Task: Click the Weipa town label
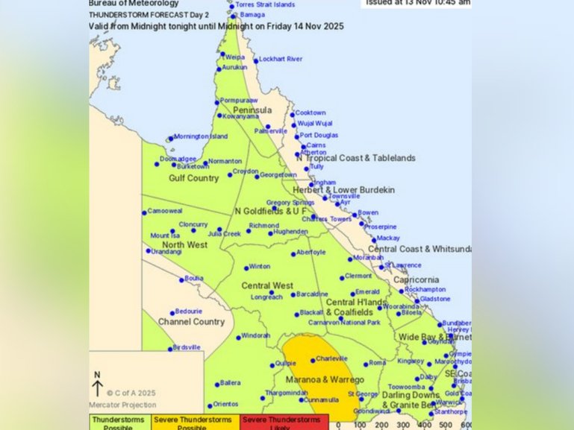coord(235,56)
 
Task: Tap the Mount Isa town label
coord(164,235)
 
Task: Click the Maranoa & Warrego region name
coord(326,380)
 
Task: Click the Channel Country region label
coord(191,322)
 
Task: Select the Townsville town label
coord(344,196)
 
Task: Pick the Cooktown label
coord(311,113)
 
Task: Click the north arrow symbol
coord(97,385)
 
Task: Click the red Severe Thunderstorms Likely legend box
coord(284,423)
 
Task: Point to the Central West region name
coord(266,285)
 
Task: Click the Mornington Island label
coord(201,137)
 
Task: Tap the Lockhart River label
coord(281,60)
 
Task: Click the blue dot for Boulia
coord(181,279)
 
